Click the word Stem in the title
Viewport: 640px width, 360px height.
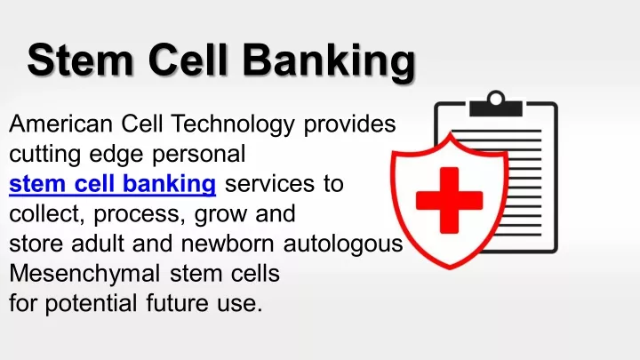click(x=80, y=60)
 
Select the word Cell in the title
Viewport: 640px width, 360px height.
click(x=188, y=60)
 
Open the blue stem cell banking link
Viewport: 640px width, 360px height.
click(x=112, y=185)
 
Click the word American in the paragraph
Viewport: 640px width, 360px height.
click(x=60, y=124)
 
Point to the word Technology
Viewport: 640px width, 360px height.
click(x=233, y=124)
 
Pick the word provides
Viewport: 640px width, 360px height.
click(x=350, y=124)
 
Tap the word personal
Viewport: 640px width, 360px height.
click(x=199, y=155)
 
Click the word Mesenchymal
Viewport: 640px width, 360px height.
click(x=84, y=275)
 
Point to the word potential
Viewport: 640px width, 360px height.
click(x=91, y=304)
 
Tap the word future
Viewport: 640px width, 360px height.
click(x=177, y=304)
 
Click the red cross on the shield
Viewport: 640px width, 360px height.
click(x=450, y=200)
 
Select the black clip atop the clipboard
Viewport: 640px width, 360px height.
click(x=496, y=105)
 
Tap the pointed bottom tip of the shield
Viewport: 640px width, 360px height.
click(x=450, y=268)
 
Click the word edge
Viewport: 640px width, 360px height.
click(x=116, y=155)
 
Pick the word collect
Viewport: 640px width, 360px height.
click(x=47, y=214)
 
